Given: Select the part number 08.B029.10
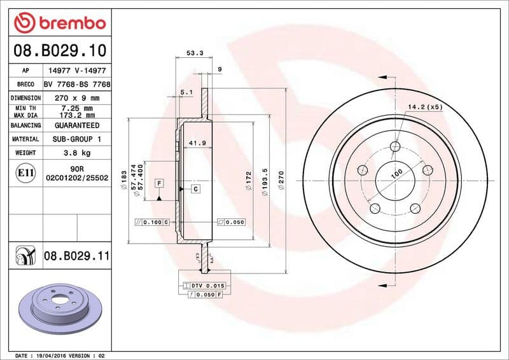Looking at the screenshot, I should pos(60,50).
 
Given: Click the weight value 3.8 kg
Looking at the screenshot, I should pos(77,153).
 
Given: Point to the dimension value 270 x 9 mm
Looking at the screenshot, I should pos(77,98).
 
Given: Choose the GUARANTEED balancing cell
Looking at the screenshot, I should pos(77,125).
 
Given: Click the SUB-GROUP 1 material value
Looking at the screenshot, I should pos(77,139).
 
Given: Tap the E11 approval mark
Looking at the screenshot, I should pos(26,172).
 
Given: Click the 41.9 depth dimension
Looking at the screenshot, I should pos(197,143).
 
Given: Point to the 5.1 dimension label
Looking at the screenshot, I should pos(186,93).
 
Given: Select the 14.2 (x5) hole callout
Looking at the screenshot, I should pos(425,107).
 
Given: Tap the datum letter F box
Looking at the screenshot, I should pos(159,183).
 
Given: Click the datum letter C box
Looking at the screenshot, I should pos(195,189).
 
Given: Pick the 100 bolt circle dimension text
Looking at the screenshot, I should pos(396,173).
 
